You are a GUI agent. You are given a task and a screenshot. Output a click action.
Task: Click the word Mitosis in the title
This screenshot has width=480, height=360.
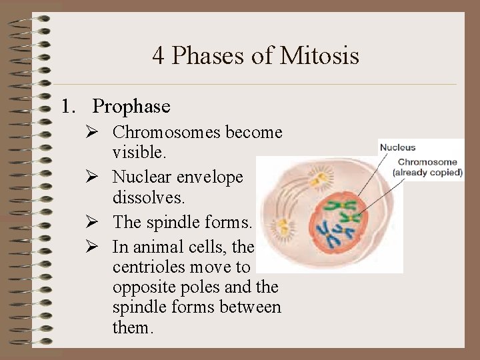pos(319,55)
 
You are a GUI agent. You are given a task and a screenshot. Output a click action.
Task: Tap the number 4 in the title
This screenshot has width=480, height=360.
pos(158,55)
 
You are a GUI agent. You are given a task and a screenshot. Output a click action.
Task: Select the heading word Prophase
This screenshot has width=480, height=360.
pos(131,106)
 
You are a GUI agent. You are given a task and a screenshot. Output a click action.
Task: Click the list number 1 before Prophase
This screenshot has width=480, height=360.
pos(66,106)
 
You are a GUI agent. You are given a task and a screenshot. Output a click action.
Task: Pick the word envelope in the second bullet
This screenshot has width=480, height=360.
pos(211,177)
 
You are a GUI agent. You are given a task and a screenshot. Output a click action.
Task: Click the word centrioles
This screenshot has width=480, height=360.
pos(147,267)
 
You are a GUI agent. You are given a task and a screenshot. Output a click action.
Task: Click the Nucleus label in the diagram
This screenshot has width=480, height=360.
pos(397,147)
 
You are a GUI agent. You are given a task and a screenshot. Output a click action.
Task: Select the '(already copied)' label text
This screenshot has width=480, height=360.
pos(427,172)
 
